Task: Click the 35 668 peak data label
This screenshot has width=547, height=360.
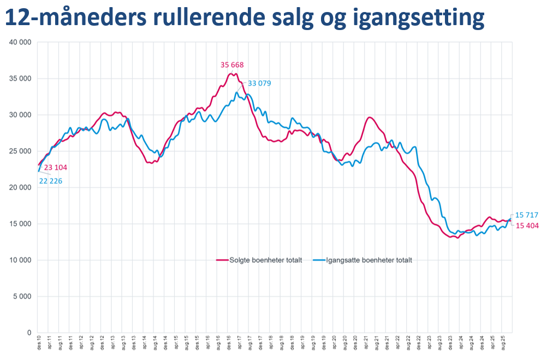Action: pos(232,64)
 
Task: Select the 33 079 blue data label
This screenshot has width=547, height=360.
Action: pos(259,83)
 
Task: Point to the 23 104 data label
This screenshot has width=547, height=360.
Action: pos(56,168)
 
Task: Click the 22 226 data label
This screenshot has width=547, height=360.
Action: pos(50,181)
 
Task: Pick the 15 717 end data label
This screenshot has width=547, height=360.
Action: pos(527,215)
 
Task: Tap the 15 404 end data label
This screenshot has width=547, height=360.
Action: pos(527,226)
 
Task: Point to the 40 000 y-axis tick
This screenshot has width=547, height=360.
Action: pos(21,42)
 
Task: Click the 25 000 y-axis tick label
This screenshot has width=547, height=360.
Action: pos(21,151)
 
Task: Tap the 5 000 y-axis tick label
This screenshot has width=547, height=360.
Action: pos(23,297)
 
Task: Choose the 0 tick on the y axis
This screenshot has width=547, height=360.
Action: pos(29,333)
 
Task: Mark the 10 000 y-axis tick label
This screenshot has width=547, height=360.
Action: pos(21,260)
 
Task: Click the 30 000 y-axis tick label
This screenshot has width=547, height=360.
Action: pos(21,115)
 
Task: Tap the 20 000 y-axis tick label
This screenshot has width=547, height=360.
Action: pos(21,187)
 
